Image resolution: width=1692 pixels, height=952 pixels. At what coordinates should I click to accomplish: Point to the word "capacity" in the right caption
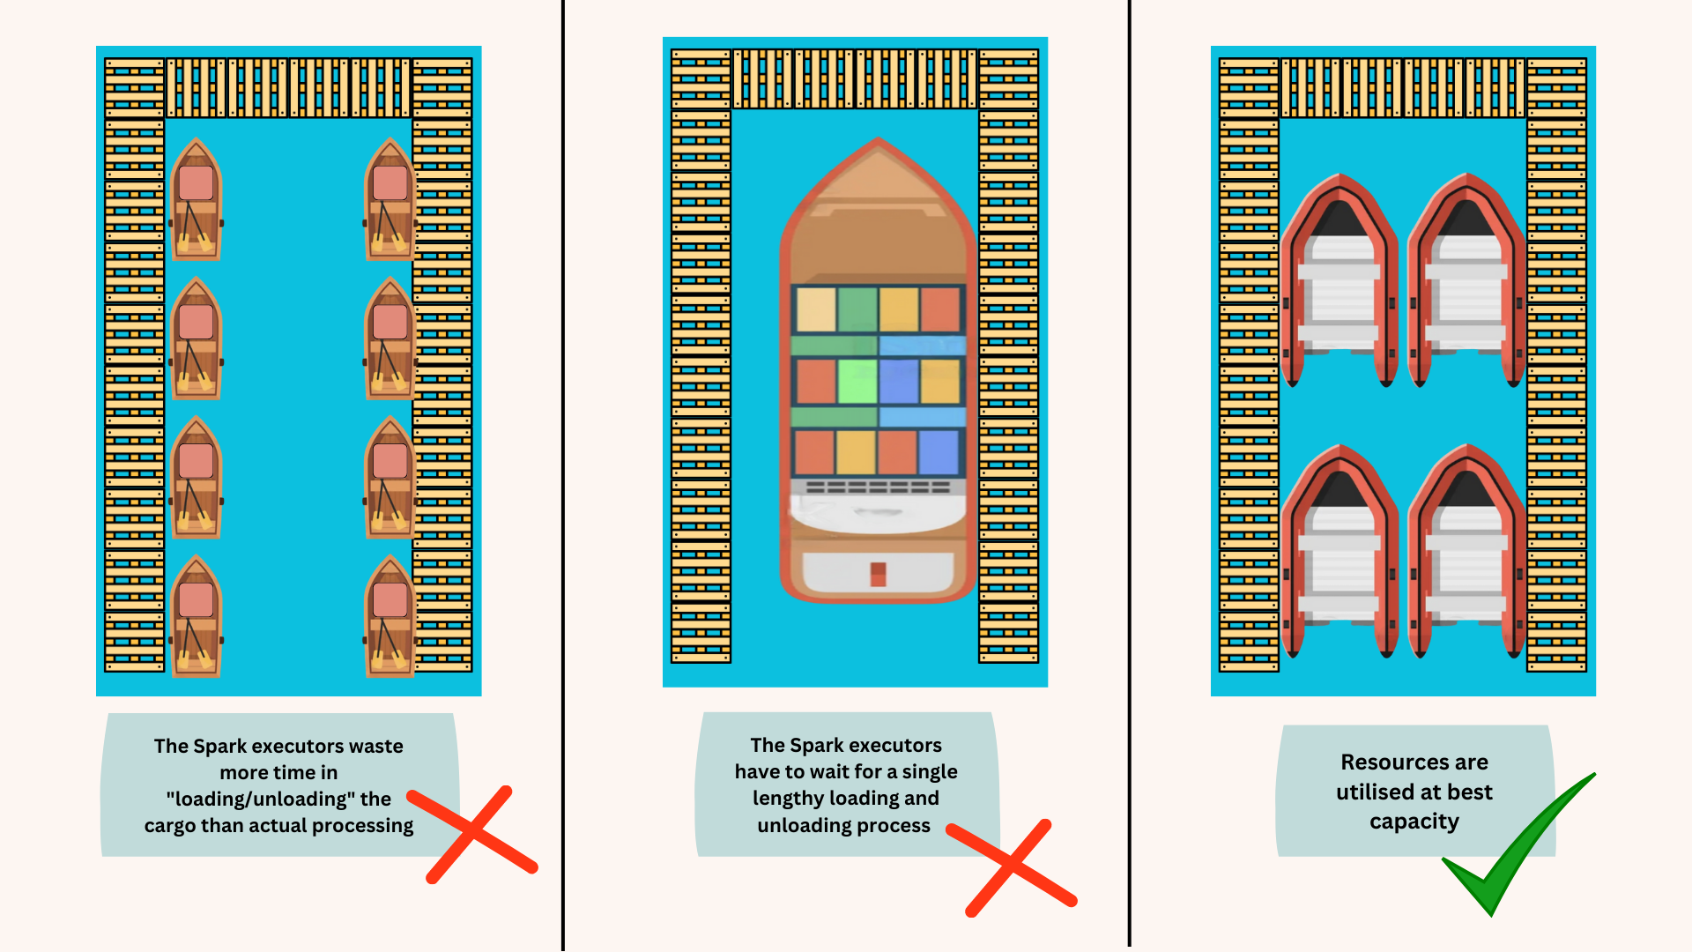[1414, 822]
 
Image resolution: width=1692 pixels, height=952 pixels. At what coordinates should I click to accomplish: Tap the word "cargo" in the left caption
[170, 825]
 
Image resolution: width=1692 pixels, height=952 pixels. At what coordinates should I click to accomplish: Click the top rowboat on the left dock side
[196, 199]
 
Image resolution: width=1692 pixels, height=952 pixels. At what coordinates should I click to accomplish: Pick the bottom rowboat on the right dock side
[390, 616]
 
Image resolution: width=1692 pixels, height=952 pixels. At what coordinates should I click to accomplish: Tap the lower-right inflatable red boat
[1466, 551]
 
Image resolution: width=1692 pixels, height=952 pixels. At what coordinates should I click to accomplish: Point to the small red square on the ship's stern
[878, 574]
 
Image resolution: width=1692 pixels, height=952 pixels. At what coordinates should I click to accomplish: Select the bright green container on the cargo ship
[857, 381]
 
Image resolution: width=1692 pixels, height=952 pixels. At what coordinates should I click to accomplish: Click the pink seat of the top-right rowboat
[390, 182]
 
